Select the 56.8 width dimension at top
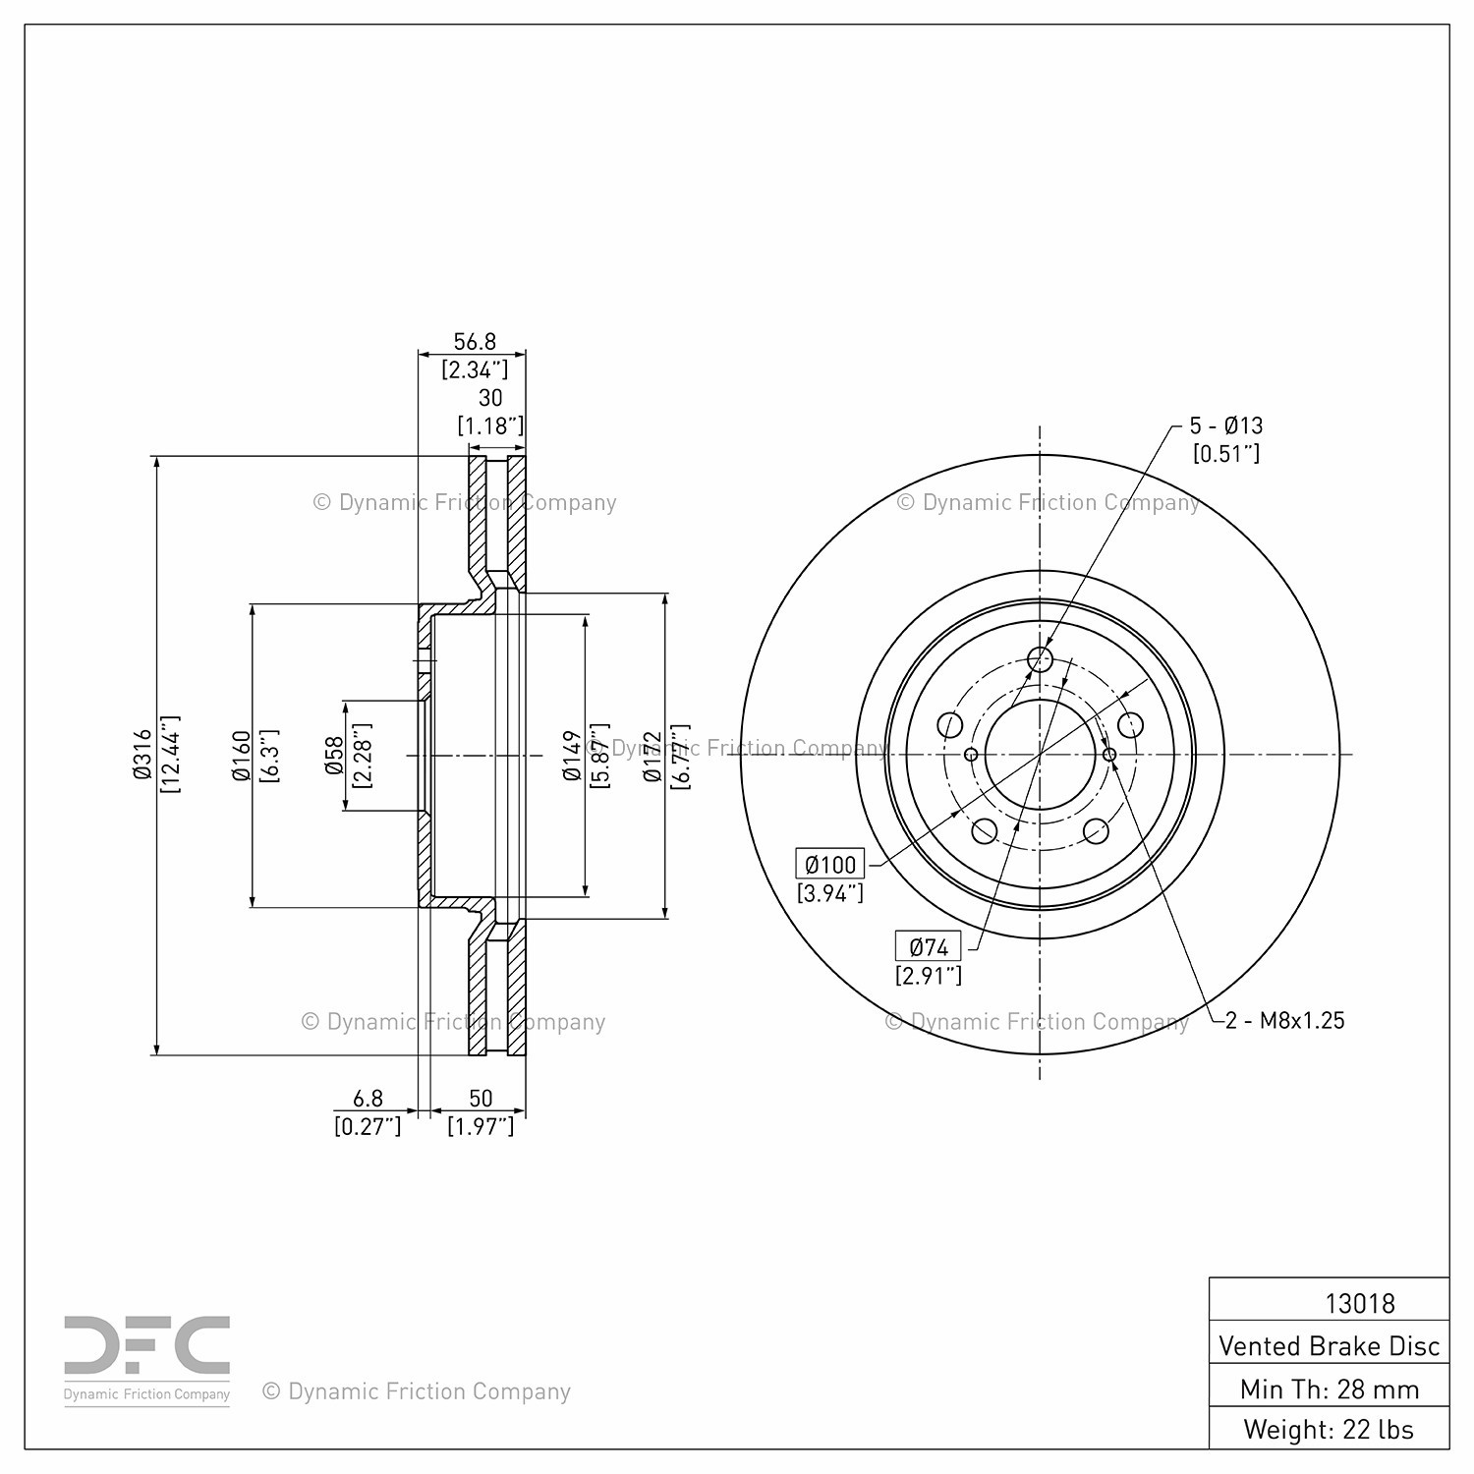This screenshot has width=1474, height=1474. (475, 342)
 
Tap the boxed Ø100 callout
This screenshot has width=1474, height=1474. (830, 865)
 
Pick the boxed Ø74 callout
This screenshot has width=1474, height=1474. (929, 947)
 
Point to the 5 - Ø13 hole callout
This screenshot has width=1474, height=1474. (1226, 425)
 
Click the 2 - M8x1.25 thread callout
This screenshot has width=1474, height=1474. (1285, 1020)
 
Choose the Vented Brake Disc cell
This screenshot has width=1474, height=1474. (1330, 1344)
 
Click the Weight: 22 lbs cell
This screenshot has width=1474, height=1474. (1330, 1429)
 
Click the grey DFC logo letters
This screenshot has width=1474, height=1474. (147, 1346)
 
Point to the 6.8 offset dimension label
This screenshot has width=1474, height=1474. (368, 1099)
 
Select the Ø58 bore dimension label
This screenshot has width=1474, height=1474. (334, 756)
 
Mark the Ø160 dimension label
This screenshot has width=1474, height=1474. (242, 756)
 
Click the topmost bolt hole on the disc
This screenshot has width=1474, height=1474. (1040, 658)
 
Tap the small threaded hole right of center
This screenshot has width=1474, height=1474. (1109, 755)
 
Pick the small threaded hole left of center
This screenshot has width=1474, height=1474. (971, 755)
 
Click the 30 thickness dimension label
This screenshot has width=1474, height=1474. (490, 397)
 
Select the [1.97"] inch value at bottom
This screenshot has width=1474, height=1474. (481, 1126)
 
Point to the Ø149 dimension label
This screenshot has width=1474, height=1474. (572, 756)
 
